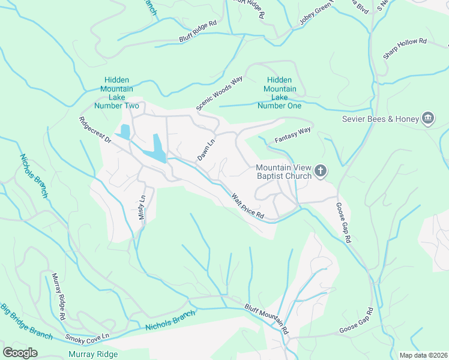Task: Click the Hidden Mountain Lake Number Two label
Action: click(x=121, y=93)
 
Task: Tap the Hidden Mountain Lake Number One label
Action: click(x=279, y=93)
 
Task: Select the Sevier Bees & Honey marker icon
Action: click(x=428, y=118)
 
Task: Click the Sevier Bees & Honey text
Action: click(x=380, y=119)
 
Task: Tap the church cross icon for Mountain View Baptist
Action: click(x=321, y=172)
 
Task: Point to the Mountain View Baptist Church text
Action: click(x=284, y=172)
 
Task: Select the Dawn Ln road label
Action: click(x=206, y=148)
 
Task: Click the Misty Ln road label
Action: click(x=143, y=206)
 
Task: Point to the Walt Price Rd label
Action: click(x=248, y=205)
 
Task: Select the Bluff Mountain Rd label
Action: click(x=267, y=319)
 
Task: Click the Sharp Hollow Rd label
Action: click(x=405, y=49)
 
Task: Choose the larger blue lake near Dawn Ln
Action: click(x=158, y=148)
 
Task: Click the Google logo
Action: click(x=20, y=352)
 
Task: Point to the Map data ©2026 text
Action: click(x=423, y=355)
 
